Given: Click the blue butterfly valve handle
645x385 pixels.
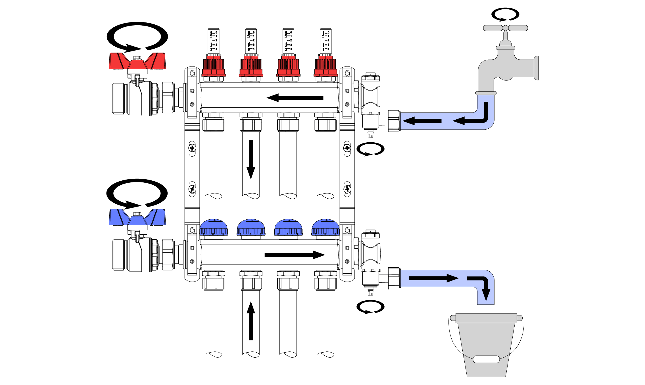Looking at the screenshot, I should point(137,218).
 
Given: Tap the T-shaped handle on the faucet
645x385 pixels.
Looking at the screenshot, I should point(506,28).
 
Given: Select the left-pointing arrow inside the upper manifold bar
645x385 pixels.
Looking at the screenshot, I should point(295,98).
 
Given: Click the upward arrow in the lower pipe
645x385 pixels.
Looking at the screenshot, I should point(251,321).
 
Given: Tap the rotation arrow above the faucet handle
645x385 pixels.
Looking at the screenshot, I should point(506,14).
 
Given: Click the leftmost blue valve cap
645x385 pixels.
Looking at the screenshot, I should point(214,227).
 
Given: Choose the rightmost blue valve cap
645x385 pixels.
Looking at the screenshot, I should point(326,227).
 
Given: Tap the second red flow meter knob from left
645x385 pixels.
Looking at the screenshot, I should point(251,67).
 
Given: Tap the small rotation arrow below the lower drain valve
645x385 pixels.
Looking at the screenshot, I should point(370,307).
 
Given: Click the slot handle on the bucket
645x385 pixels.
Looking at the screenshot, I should point(486,359).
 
